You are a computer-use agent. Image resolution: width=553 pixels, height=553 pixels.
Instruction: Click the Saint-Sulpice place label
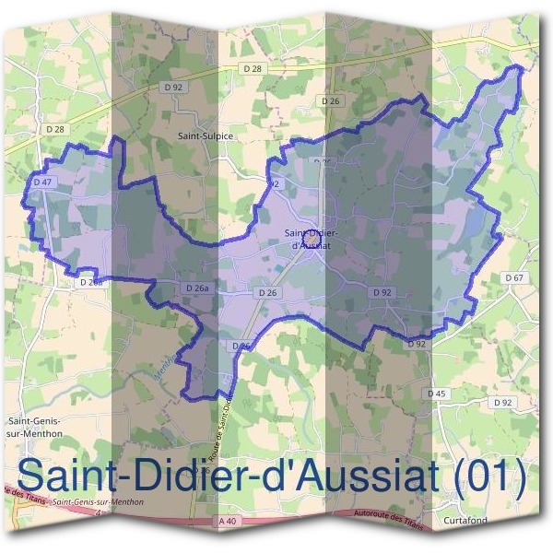click(x=206, y=135)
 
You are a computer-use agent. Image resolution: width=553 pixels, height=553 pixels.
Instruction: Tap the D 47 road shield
click(x=41, y=182)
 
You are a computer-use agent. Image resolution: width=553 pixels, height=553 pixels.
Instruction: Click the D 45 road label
click(x=437, y=394)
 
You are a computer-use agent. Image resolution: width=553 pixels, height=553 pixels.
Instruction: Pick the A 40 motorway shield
click(x=229, y=523)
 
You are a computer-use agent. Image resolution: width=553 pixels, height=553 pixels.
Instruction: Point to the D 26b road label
click(x=90, y=282)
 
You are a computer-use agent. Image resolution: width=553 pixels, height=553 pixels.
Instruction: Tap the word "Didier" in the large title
click(x=175, y=476)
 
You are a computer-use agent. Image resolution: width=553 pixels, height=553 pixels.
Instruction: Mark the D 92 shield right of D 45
click(x=502, y=403)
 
